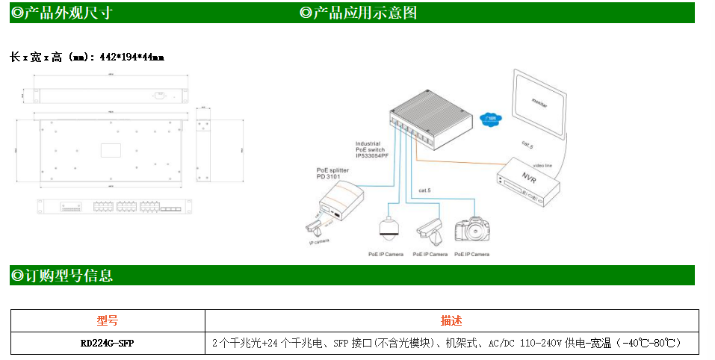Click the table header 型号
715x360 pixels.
pyautogui.click(x=108, y=321)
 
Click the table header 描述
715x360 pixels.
pyautogui.click(x=451, y=321)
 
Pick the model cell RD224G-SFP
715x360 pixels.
pyautogui.click(x=108, y=344)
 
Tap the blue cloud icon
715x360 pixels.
pyautogui.click(x=490, y=118)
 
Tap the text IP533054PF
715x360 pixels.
pyautogui.click(x=374, y=155)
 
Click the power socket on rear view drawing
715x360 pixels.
pyautogui.click(x=158, y=95)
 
